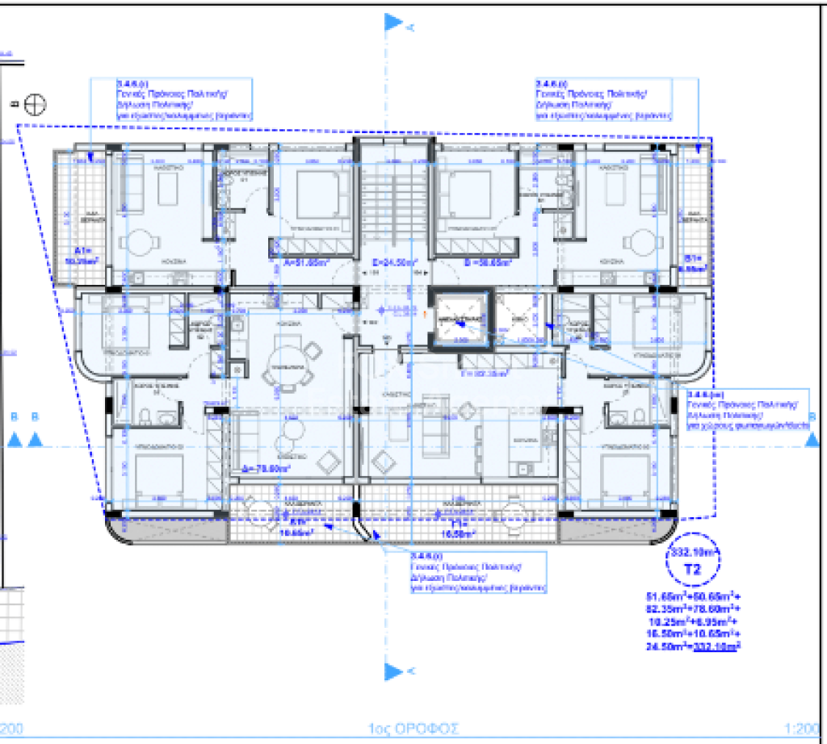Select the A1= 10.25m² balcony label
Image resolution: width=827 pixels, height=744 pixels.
(x=83, y=256)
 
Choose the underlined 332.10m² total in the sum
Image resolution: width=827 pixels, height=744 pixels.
(x=717, y=646)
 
